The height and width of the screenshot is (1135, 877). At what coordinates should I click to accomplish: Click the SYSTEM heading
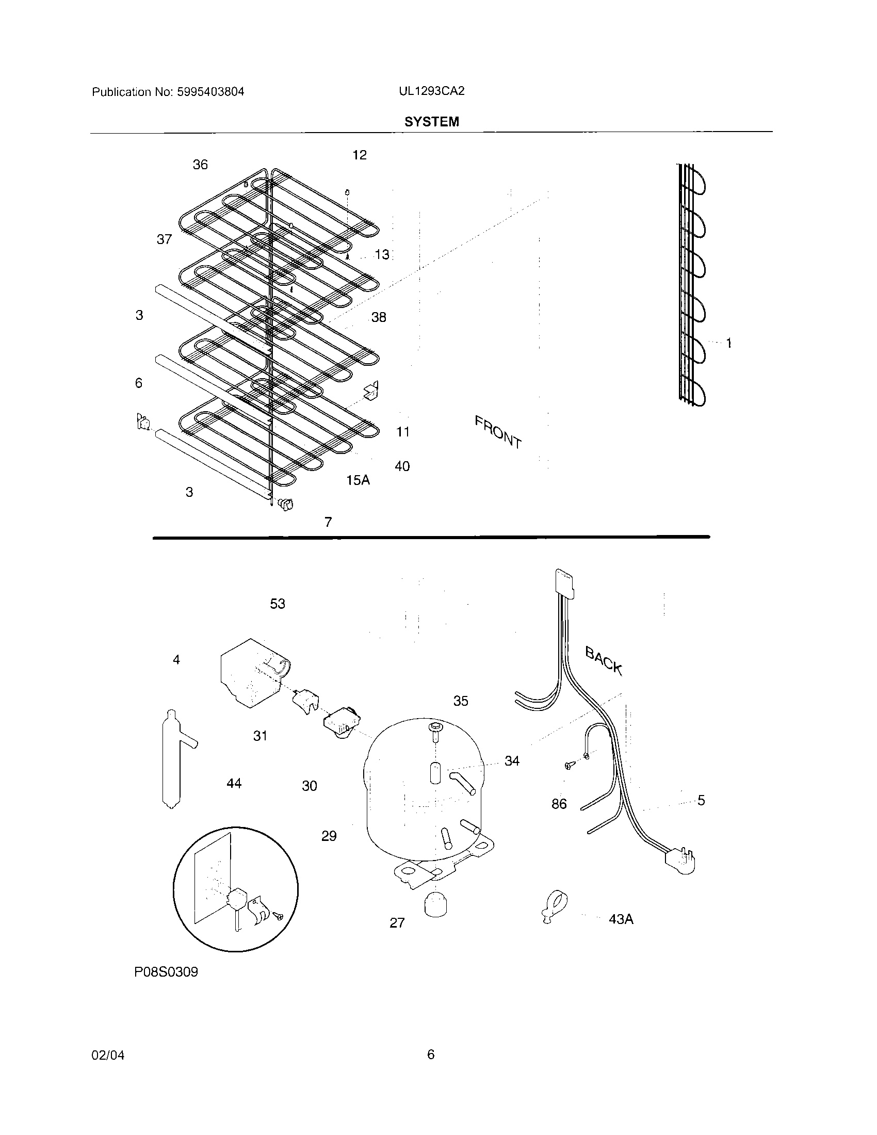431,122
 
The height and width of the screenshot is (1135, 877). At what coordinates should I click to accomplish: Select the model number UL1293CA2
431,91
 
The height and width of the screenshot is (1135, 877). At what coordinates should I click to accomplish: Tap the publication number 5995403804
210,92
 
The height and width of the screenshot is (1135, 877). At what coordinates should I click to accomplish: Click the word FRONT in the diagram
498,432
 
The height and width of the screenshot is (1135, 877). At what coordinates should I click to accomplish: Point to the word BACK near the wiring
603,660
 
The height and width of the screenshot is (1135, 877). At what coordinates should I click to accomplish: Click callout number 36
200,165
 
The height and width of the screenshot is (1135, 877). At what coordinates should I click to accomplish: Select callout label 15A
358,480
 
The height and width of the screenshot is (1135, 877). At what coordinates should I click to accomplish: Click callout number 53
278,604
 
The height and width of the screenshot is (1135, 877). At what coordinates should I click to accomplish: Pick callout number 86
559,804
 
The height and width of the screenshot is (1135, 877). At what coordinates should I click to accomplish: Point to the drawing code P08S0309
166,972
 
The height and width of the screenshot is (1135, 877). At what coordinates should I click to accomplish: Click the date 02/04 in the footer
107,1055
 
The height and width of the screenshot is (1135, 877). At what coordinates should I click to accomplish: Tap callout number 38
378,317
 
